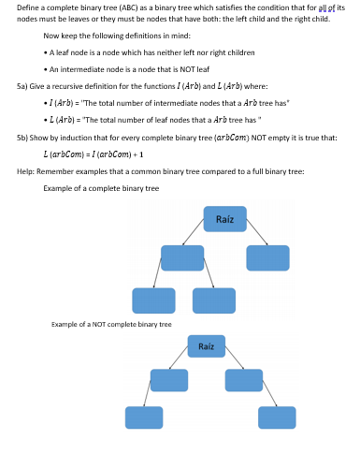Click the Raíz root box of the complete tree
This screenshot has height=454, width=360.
tap(224, 219)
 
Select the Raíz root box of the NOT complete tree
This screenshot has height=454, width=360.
tap(206, 346)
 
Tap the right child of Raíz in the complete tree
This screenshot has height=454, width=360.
tap(267, 257)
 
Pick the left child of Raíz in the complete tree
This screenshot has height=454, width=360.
tap(181, 258)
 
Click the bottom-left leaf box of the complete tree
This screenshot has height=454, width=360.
tap(153, 300)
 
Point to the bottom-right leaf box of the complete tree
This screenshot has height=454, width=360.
tap(213, 300)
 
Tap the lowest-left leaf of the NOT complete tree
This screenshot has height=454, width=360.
tap(144, 417)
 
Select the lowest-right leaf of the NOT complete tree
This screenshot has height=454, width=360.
tap(277, 417)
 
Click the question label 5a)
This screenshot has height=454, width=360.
tap(23, 83)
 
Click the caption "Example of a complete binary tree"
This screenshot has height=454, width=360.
tap(101, 187)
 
